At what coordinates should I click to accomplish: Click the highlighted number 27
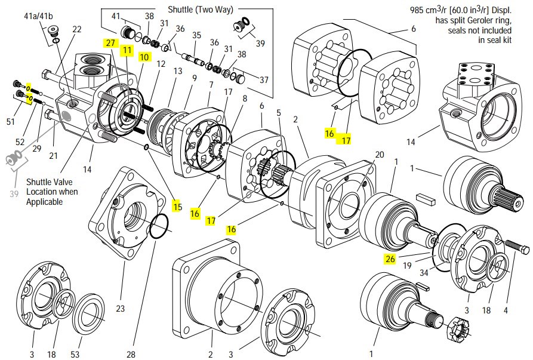click(110, 43)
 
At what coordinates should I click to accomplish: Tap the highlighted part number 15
click(177, 207)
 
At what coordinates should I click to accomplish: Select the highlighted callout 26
click(390, 259)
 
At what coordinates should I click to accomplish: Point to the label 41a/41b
click(38, 16)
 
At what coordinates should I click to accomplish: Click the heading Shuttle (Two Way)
click(201, 10)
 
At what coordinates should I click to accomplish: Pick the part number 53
click(75, 354)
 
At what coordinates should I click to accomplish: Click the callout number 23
click(121, 308)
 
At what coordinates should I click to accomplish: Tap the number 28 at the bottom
click(131, 354)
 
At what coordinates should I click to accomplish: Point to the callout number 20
click(380, 155)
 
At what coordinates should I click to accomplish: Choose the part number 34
click(424, 272)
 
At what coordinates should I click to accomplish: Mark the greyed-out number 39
click(14, 194)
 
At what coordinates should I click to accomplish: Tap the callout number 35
click(196, 35)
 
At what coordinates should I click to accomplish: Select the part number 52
click(20, 141)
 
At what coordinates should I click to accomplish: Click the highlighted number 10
click(144, 57)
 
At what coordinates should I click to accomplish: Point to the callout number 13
click(178, 70)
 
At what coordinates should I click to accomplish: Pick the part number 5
click(279, 112)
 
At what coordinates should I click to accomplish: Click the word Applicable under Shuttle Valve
click(45, 202)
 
